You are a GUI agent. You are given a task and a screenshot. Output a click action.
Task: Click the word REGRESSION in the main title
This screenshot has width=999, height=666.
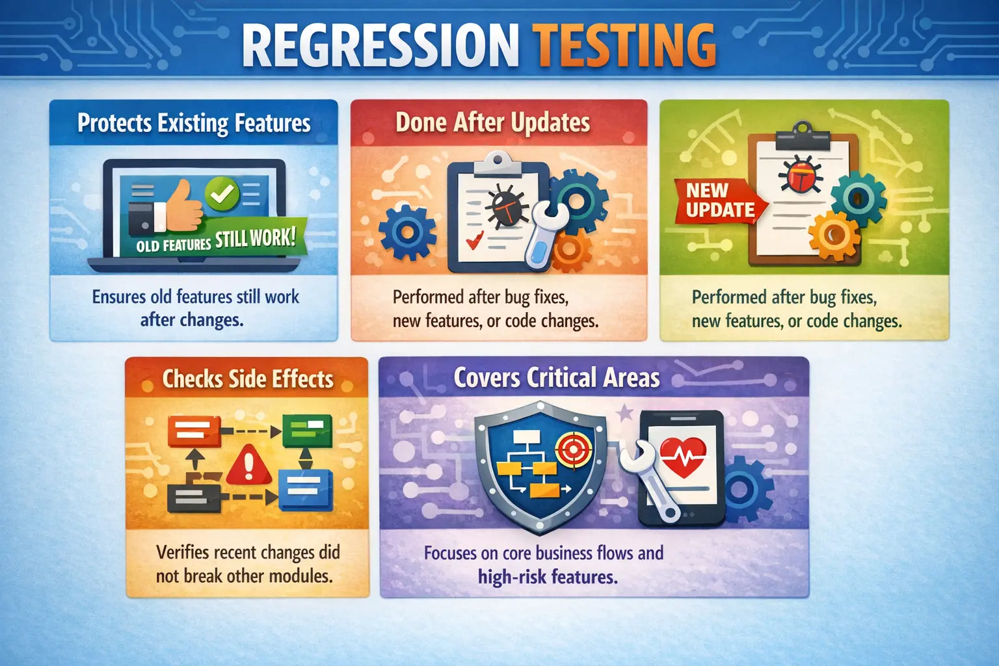click(x=380, y=45)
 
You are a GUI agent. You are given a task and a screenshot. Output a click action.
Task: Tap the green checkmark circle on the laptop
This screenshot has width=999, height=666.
click(x=222, y=193)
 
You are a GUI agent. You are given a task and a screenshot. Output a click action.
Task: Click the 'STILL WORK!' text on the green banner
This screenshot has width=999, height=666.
click(x=255, y=238)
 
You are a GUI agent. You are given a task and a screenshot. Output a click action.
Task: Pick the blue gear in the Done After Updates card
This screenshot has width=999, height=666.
click(x=407, y=231)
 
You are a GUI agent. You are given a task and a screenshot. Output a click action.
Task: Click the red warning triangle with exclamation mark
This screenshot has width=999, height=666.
click(x=248, y=464)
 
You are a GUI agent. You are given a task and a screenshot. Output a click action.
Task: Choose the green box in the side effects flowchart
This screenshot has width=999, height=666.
click(x=307, y=430)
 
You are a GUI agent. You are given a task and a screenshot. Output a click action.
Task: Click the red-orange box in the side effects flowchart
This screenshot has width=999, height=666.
click(x=193, y=431)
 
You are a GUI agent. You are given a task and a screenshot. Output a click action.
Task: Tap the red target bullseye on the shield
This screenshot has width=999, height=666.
click(x=573, y=448)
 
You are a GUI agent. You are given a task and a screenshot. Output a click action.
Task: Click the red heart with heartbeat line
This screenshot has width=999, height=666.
click(x=682, y=455)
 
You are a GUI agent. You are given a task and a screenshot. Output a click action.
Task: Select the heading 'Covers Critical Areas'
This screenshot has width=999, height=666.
click(x=556, y=378)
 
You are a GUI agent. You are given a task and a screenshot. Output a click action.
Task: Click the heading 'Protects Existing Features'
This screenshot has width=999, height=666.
click(x=194, y=123)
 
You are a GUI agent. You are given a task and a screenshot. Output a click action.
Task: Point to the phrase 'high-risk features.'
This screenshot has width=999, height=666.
click(x=548, y=577)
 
